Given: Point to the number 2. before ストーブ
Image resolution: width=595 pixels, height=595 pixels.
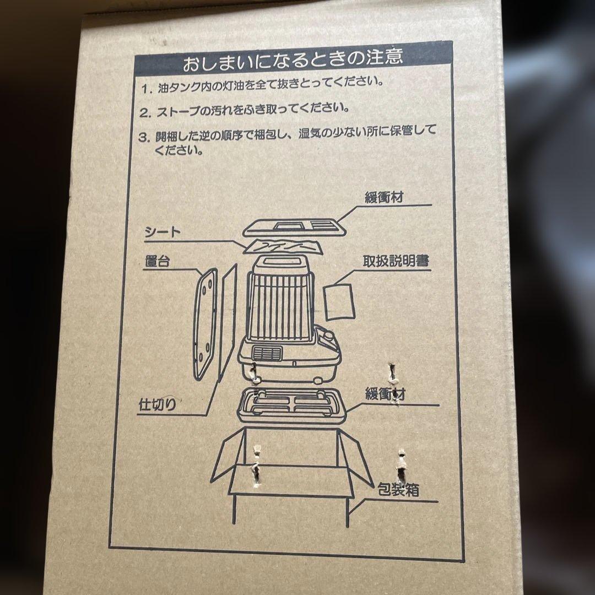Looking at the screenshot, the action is (x=145, y=113).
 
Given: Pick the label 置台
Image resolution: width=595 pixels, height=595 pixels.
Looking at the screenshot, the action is (x=158, y=262).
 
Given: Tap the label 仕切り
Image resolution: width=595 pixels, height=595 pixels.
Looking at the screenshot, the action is (x=158, y=405).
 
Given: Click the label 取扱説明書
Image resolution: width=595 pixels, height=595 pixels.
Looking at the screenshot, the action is (x=396, y=261).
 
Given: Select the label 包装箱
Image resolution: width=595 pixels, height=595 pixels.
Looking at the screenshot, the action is (x=398, y=490).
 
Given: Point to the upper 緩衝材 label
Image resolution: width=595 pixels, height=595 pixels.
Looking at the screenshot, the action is (x=383, y=197).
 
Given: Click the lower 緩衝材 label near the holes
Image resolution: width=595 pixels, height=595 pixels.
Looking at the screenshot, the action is (x=385, y=394).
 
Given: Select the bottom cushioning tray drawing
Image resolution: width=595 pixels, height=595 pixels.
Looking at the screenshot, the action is (x=291, y=406).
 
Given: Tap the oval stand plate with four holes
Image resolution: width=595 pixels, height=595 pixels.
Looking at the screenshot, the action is (x=205, y=324).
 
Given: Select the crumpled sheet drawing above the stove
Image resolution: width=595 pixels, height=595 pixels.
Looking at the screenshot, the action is (x=283, y=247).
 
